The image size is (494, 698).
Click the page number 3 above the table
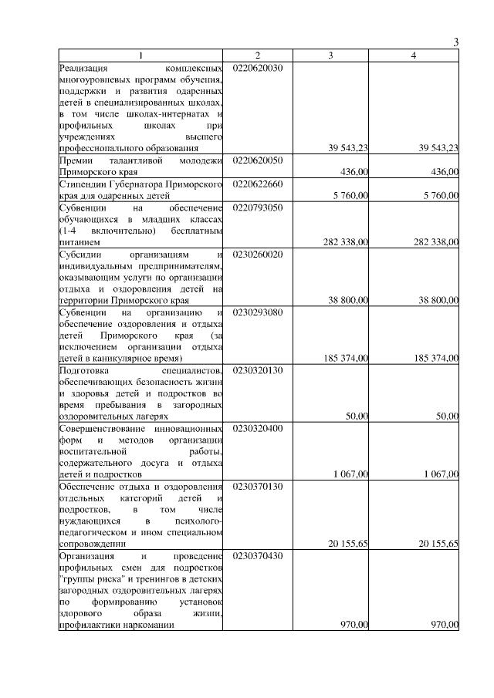(x=456, y=42)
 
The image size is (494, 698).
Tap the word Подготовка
(x=86, y=369)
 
